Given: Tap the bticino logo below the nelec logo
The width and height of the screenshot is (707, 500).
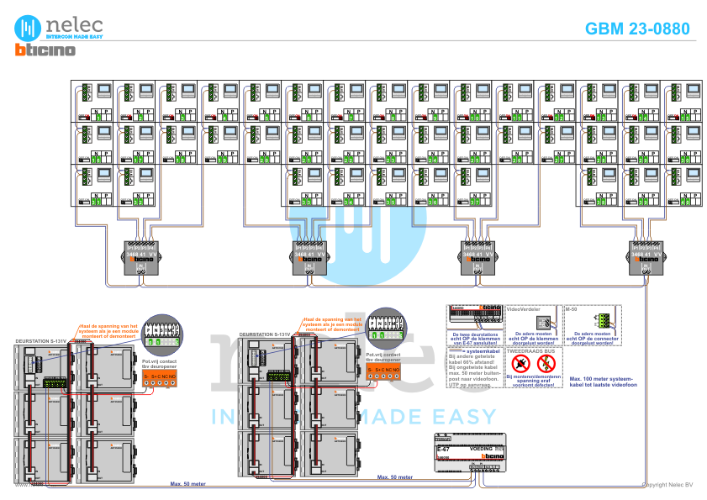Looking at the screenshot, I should (x=45, y=50).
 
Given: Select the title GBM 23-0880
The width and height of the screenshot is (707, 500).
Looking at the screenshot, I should (x=637, y=29).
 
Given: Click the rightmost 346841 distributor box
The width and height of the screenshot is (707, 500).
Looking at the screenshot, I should (x=646, y=257).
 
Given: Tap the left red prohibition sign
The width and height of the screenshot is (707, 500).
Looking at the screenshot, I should (x=521, y=364).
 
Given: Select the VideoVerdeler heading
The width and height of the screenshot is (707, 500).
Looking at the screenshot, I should (x=521, y=309).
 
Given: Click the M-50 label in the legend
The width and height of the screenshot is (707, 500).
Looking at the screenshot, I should (x=572, y=309).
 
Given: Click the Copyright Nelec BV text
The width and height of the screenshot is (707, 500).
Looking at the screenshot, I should (x=667, y=485).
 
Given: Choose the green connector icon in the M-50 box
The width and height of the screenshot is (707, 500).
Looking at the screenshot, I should (x=602, y=320).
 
